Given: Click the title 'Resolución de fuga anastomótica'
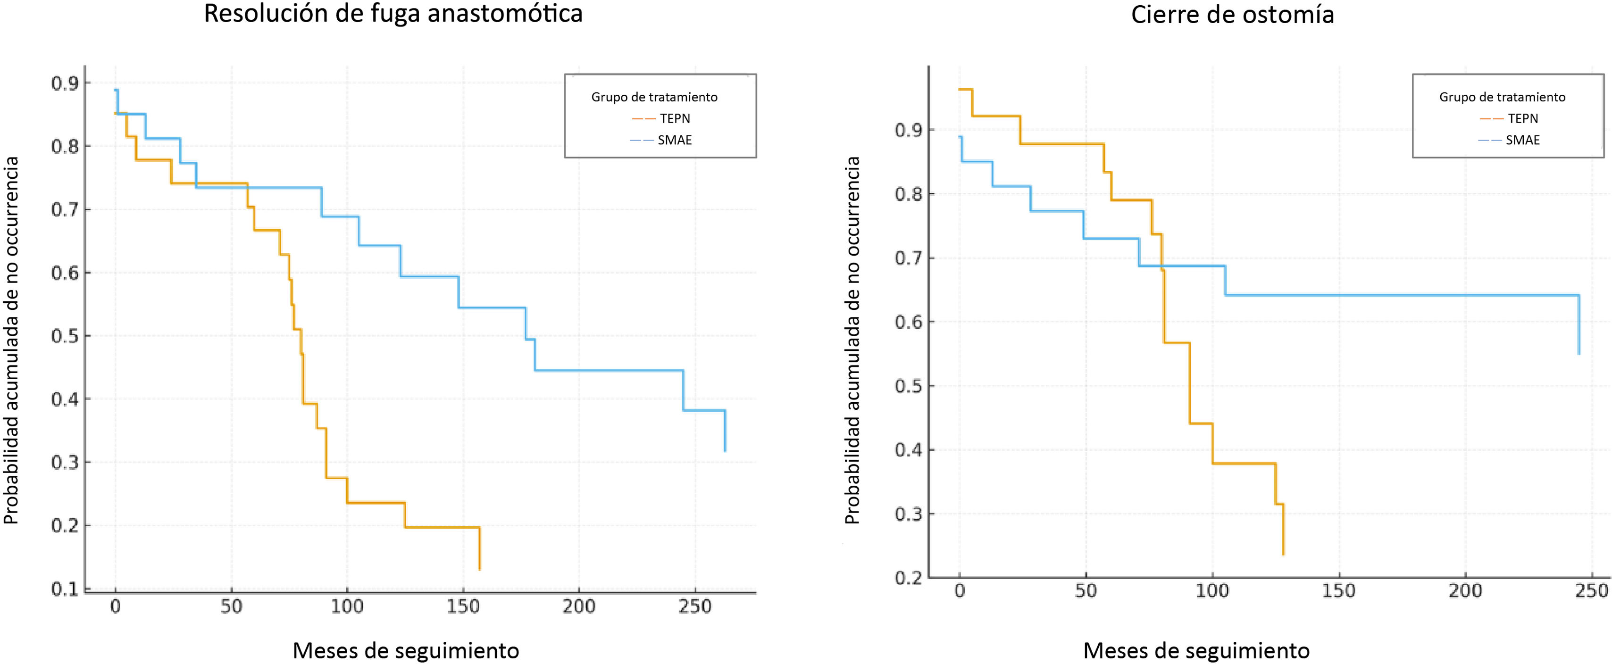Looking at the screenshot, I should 393,14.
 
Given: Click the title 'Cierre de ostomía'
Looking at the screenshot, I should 1232,15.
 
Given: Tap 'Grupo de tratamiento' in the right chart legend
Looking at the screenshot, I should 1502,97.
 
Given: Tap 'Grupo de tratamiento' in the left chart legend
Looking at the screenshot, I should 654,97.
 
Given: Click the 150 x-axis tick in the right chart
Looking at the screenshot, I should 1338,591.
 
